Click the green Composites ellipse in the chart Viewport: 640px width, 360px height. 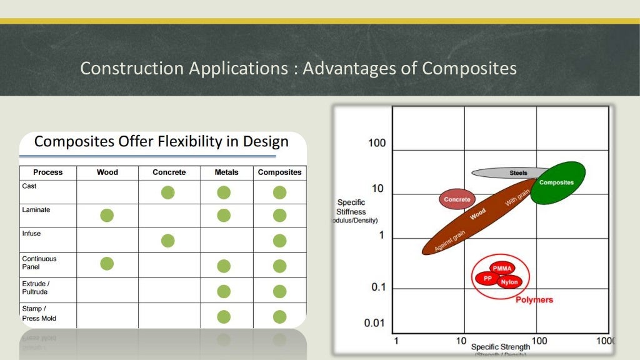coord(557,182)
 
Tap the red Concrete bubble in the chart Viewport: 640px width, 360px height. coord(457,199)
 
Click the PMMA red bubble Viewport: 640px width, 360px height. coord(502,268)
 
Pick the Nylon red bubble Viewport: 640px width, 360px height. coord(509,282)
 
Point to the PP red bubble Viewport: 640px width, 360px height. coord(487,278)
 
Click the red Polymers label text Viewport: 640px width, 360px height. coord(534,300)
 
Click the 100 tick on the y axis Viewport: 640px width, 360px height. coord(377,143)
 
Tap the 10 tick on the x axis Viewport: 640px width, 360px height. coord(461,341)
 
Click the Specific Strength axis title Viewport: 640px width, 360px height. coord(501,347)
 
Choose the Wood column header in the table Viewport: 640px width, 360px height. coord(107,172)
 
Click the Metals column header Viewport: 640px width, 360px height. coord(226,172)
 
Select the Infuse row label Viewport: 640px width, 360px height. coord(31,234)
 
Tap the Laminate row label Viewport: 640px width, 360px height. coord(36,210)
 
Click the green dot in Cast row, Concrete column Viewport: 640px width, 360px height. coord(167,192)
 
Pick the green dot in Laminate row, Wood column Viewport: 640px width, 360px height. coord(107,216)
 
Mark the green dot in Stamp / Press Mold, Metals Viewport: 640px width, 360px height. coord(224,317)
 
